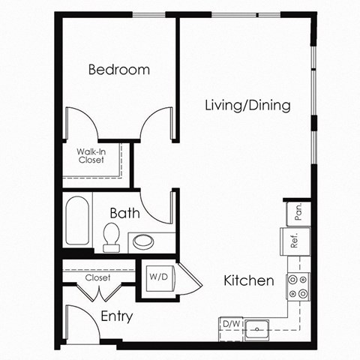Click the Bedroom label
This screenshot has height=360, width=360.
(118, 70)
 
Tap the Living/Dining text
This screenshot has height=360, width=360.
(247, 105)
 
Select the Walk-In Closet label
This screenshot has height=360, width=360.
(90, 155)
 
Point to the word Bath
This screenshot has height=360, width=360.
(124, 213)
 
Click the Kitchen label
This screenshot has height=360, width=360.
(248, 281)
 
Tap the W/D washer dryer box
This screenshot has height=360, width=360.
(158, 277)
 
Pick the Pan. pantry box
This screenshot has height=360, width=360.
(297, 212)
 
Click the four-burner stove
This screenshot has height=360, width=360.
(298, 287)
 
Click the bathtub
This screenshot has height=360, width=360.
(77, 220)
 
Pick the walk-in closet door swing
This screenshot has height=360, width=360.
(80, 124)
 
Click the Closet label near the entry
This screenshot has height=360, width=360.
(97, 277)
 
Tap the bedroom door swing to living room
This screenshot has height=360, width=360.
(159, 124)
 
